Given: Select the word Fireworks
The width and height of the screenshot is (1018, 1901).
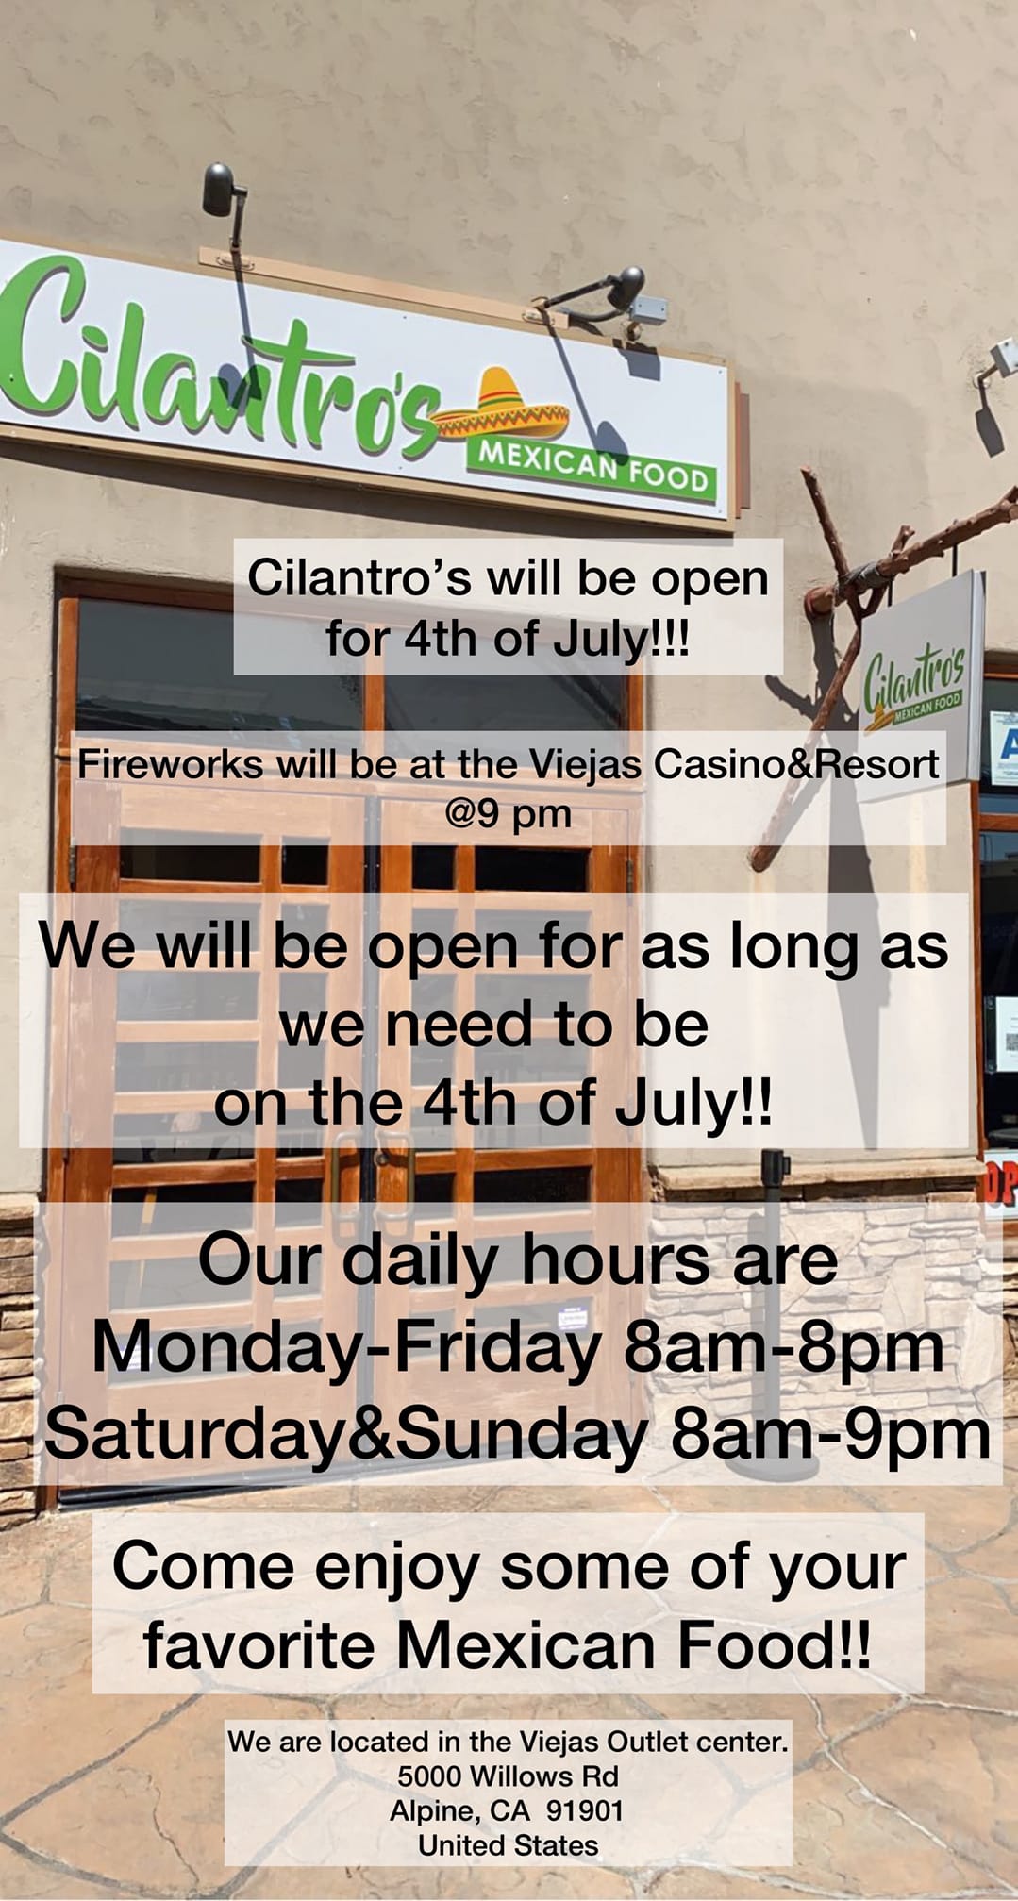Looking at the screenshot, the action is coord(170,763).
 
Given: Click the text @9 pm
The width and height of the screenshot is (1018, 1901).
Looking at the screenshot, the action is coord(509,812).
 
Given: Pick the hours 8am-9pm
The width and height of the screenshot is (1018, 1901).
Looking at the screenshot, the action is coord(829,1435).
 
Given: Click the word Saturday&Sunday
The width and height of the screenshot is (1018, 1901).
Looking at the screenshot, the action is coord(345,1435).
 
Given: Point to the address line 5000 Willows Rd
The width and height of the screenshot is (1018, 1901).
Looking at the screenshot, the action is coord(508,1776).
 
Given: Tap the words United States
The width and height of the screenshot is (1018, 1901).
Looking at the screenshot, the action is coord(508,1845).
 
